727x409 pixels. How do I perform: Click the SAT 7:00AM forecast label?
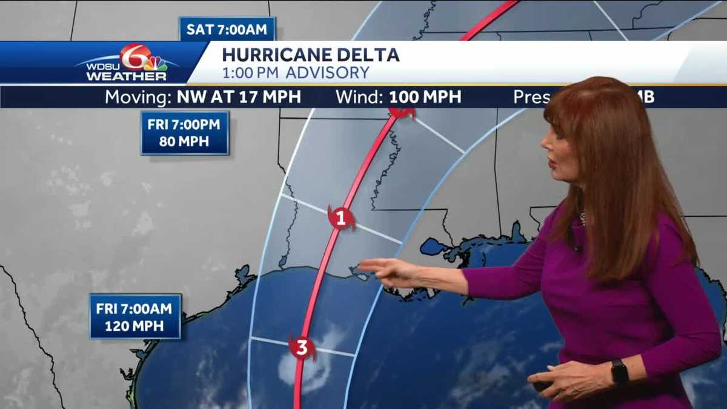tap(227, 29)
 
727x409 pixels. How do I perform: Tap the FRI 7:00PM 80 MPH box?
tap(185, 133)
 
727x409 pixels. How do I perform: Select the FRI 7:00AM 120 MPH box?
tap(135, 316)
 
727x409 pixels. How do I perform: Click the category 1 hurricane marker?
tap(341, 218)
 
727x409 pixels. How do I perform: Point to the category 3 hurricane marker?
tap(302, 348)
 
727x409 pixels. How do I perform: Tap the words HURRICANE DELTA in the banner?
tap(310, 55)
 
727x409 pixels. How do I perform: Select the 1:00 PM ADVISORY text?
tap(295, 73)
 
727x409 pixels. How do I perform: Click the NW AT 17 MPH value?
tap(239, 97)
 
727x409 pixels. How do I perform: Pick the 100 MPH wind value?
tap(425, 97)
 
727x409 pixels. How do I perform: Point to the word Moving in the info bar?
tap(139, 97)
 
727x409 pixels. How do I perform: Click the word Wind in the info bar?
tap(360, 97)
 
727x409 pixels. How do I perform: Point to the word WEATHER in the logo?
tap(126, 76)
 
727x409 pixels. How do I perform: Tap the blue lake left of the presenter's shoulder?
tap(432, 246)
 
